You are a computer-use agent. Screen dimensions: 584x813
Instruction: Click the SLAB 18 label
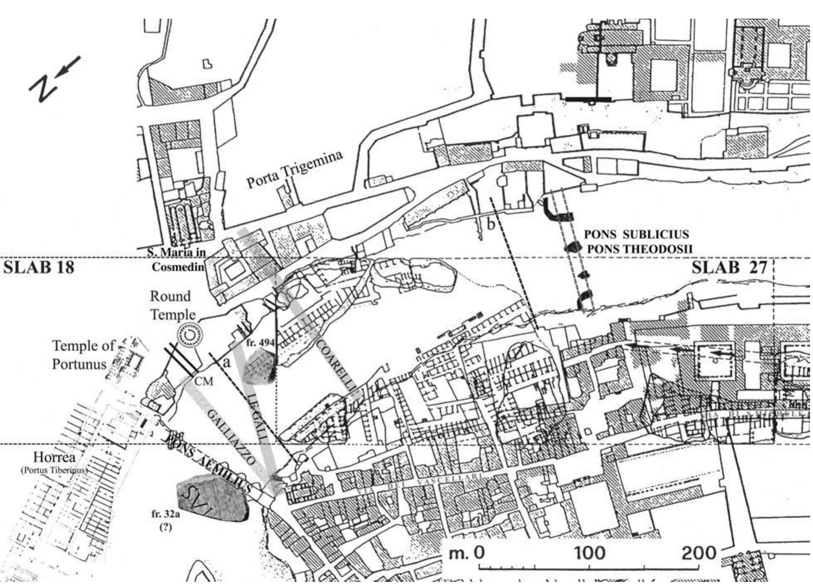(x=39, y=268)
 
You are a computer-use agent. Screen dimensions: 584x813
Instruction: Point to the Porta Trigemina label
(x=295, y=169)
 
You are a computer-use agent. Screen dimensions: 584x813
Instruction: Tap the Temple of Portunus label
(x=83, y=355)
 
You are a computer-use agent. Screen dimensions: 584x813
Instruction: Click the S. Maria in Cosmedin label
(x=178, y=259)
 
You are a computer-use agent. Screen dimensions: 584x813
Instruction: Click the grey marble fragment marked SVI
(x=212, y=498)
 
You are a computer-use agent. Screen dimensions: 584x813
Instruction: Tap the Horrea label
(x=55, y=457)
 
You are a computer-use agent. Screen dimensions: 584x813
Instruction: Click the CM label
(x=204, y=381)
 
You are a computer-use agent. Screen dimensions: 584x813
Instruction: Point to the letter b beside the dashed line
(x=491, y=225)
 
